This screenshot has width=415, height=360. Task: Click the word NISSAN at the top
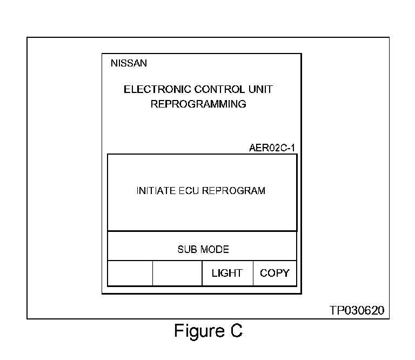pos(129,63)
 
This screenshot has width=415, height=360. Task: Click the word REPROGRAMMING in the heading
pos(198,104)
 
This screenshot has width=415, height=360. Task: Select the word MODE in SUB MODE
pos(215,250)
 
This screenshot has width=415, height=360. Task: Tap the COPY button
pos(275,273)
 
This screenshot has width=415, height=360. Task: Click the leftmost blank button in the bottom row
pos(130,273)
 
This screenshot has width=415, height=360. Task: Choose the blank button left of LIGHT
pos(177,273)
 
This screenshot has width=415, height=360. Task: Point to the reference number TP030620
pos(357,311)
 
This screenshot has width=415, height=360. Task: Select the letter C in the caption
pos(235,331)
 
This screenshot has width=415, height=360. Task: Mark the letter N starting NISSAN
pos(113,63)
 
